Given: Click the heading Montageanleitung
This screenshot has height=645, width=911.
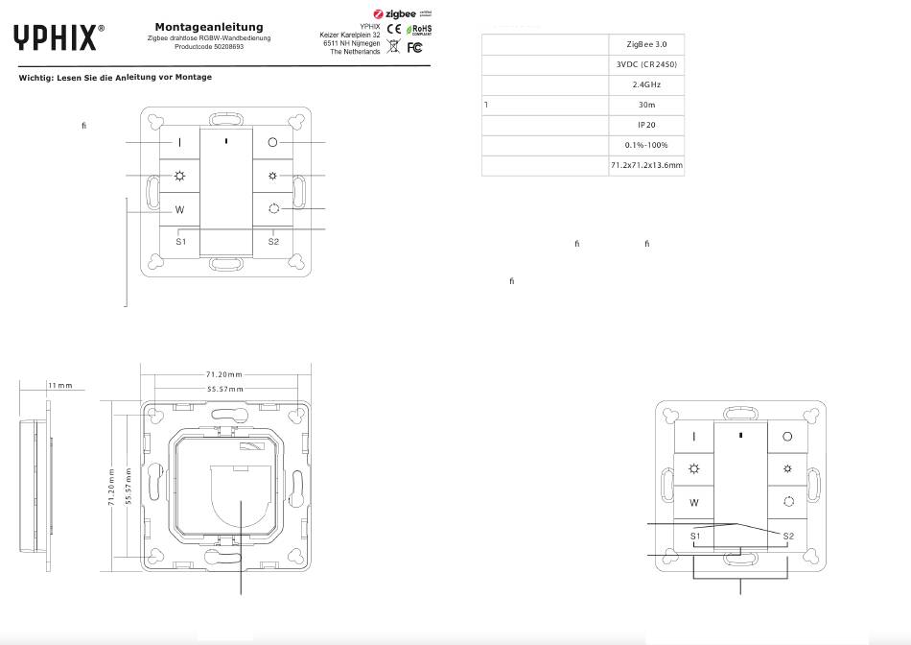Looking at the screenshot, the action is tap(209, 27).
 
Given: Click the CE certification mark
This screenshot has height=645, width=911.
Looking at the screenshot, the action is tap(396, 30).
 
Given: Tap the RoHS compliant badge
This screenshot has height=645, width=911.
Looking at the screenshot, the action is tap(421, 30).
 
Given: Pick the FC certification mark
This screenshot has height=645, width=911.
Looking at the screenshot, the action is tap(414, 47).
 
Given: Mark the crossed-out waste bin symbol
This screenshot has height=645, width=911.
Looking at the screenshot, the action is tap(395, 47).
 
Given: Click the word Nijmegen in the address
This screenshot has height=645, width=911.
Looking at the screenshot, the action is tap(363, 43).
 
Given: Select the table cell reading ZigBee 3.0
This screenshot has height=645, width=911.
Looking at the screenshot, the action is tap(647, 45).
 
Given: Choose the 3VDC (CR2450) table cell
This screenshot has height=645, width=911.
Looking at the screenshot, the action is tap(647, 65).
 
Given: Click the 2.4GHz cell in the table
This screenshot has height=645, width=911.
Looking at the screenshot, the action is tap(647, 85).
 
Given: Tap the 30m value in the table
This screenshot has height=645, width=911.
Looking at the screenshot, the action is tap(647, 105).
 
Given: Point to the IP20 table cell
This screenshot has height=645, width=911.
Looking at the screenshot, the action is tap(647, 125).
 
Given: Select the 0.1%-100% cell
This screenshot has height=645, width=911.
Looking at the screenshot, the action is tap(647, 145).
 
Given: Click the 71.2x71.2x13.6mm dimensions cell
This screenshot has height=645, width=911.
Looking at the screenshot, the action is tap(647, 166).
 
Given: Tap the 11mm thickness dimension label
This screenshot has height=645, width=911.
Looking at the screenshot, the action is tap(59, 385).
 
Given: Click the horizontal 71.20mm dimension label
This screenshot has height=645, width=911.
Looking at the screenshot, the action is tap(224, 373).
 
